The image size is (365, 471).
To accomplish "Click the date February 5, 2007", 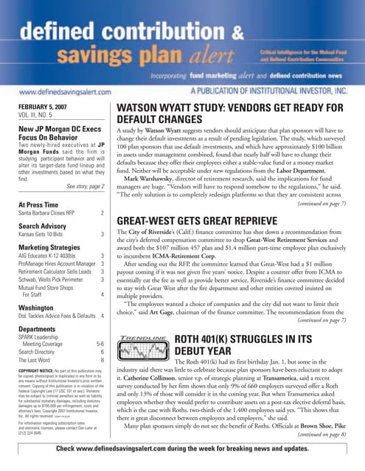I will point(43,107).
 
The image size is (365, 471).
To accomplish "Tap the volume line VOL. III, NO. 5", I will point(39,116).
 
